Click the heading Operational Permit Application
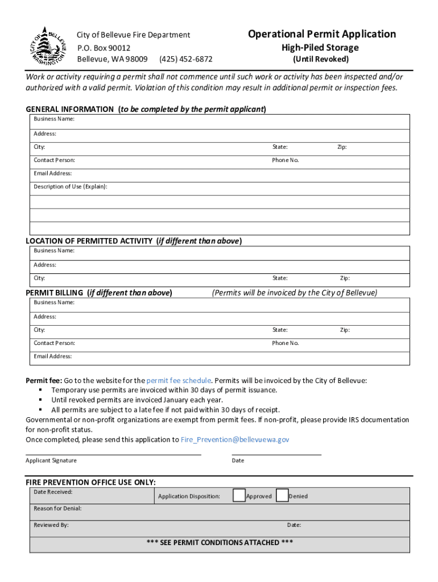tap(321, 34)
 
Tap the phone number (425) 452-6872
tap(186, 59)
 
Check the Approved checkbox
tap(239, 496)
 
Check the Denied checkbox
tap(282, 496)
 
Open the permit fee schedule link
tap(179, 380)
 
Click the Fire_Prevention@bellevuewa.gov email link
tap(235, 439)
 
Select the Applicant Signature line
tap(113, 454)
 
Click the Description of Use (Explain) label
tap(71, 186)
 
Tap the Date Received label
tap(53, 492)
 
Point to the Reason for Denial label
tap(57, 508)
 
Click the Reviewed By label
tap(51, 525)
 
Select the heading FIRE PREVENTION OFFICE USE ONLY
tap(91, 482)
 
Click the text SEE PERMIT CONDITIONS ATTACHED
tap(220, 542)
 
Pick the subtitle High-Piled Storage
tap(320, 48)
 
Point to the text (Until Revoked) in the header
tap(320, 59)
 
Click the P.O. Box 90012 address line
tap(104, 48)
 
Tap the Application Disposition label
tap(189, 496)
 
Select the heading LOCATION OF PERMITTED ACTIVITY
tap(90, 241)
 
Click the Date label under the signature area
tap(238, 460)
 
